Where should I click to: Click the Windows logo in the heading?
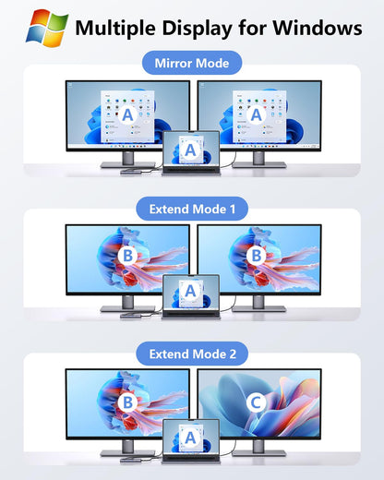pos(47,28)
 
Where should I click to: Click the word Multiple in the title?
pos(115,29)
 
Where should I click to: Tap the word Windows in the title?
pos(318,28)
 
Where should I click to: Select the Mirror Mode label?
pos(192,63)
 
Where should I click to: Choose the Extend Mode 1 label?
pos(192,210)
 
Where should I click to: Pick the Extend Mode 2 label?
pos(192,354)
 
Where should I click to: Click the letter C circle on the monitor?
pos(256,402)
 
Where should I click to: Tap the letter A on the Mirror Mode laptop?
pos(190,150)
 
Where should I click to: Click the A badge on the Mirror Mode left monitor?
pos(127,114)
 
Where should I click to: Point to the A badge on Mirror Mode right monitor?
pos(256,114)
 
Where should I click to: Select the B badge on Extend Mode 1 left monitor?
pos(127,256)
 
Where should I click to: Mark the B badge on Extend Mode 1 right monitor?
pos(256,256)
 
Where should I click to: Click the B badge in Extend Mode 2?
pos(127,402)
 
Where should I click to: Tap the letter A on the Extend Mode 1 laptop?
pos(190,291)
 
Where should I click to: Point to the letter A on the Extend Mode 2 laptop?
pos(190,438)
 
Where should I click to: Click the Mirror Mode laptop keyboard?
pos(191,170)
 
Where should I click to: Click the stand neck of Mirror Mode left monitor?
pos(128,158)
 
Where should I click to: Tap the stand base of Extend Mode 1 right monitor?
pos(259,308)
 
